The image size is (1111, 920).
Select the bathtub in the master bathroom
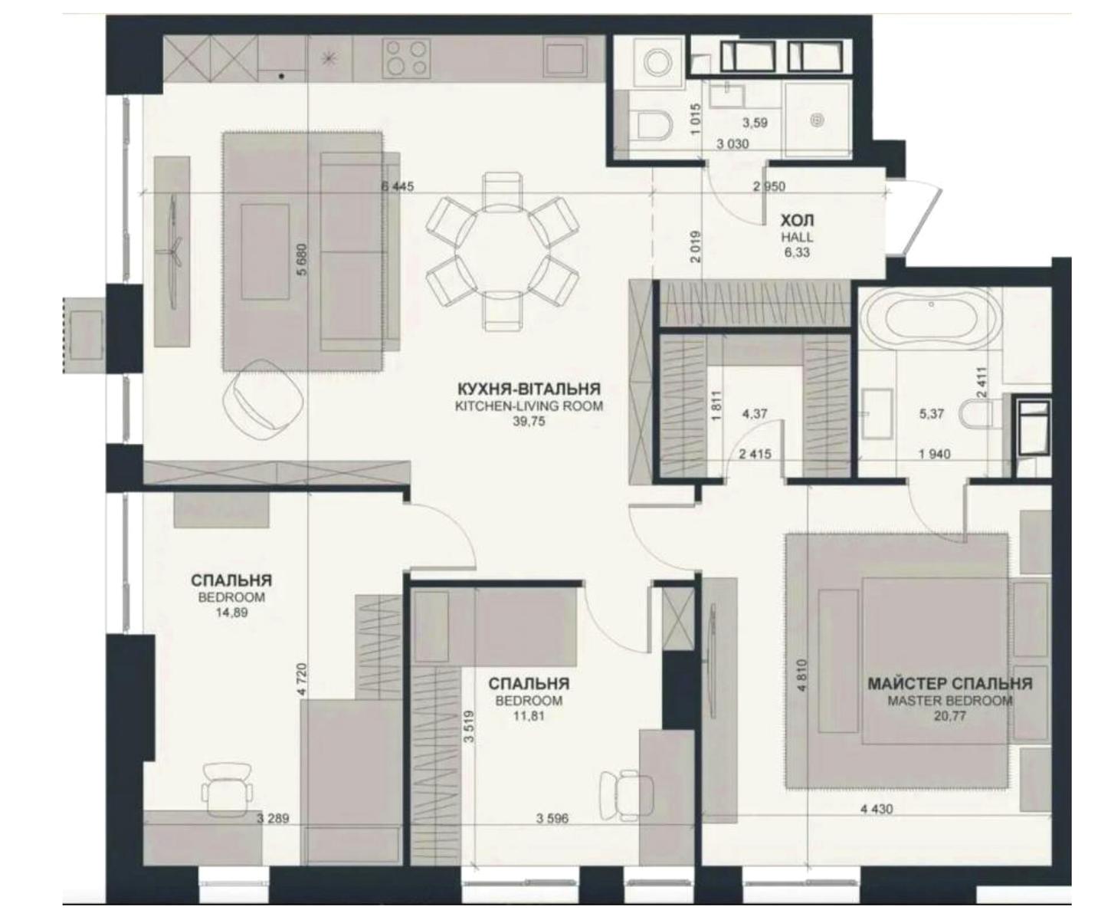(x=931, y=318)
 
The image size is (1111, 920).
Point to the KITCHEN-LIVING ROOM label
(x=529, y=406)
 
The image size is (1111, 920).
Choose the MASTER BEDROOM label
(x=949, y=700)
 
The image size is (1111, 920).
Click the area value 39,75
(x=529, y=421)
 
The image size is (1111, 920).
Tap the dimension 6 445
(x=398, y=186)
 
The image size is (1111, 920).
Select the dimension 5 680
(x=302, y=259)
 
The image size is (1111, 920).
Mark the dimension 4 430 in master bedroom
(x=877, y=810)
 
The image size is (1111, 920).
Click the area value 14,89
(x=231, y=613)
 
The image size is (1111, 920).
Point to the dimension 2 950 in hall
(x=769, y=186)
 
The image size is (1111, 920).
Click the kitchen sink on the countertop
(x=565, y=58)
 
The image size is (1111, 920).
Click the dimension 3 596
(x=552, y=818)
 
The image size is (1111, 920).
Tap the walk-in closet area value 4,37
(x=755, y=413)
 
